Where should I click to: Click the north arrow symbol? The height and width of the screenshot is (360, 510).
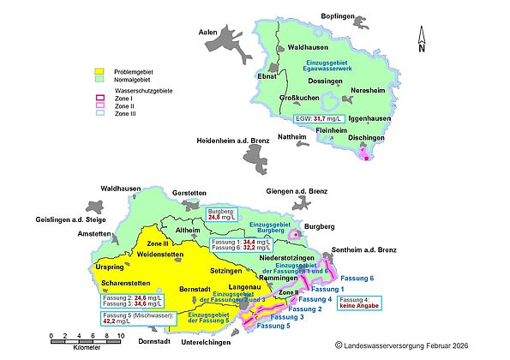click(x=420, y=39)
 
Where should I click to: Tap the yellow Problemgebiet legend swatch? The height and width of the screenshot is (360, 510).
click(x=99, y=70)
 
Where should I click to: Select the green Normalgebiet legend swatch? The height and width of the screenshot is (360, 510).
click(x=99, y=78)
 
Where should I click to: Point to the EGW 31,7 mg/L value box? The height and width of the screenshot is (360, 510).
click(x=319, y=118)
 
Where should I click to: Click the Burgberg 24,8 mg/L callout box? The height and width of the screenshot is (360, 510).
click(x=223, y=213)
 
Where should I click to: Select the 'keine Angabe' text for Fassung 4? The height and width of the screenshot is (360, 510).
click(x=361, y=305)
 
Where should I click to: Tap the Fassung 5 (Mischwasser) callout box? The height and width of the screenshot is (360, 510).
click(x=138, y=318)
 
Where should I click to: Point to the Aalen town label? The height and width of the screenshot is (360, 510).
click(x=208, y=32)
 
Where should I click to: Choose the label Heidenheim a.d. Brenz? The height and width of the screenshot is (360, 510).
click(x=233, y=140)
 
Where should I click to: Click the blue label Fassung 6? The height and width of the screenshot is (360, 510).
click(x=357, y=279)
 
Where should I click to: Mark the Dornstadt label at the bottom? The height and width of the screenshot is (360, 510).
click(x=129, y=341)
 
